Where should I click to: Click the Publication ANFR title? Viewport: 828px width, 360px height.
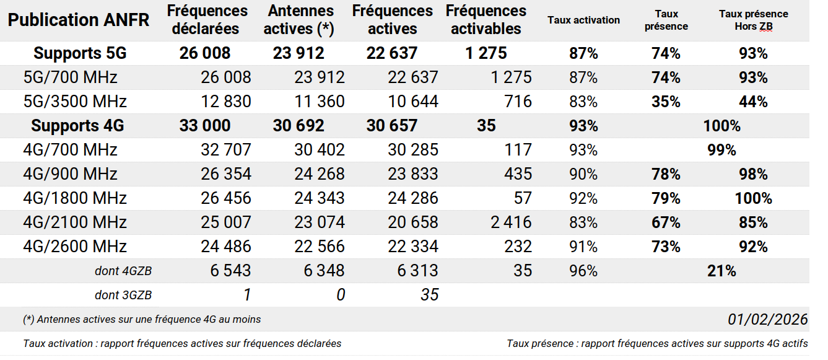click(x=79, y=20)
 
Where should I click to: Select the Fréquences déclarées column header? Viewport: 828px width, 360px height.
click(x=207, y=20)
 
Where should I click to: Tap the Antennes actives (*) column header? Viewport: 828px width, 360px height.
click(x=300, y=20)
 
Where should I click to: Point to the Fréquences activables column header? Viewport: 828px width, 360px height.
click(x=486, y=20)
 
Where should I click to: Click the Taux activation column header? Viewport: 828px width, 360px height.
click(x=583, y=20)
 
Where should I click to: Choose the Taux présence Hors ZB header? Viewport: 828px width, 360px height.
click(x=753, y=20)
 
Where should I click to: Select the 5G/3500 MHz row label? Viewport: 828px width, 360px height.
click(x=75, y=102)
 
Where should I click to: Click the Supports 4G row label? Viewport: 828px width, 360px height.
click(x=77, y=126)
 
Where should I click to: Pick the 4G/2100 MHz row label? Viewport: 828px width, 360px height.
click(x=75, y=222)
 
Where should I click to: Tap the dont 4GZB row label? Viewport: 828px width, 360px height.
click(x=123, y=271)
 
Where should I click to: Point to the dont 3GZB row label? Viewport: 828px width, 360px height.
click(x=123, y=295)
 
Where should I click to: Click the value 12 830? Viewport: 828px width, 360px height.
click(x=226, y=102)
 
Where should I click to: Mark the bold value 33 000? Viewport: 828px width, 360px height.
click(x=205, y=126)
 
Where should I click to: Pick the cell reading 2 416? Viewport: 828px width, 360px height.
click(x=511, y=222)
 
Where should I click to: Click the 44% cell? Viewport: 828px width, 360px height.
click(x=753, y=102)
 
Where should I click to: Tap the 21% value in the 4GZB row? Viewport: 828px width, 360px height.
click(x=721, y=271)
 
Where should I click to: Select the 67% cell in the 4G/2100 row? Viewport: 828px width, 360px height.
click(x=666, y=222)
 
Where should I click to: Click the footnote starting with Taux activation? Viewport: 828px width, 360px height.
click(x=182, y=343)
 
